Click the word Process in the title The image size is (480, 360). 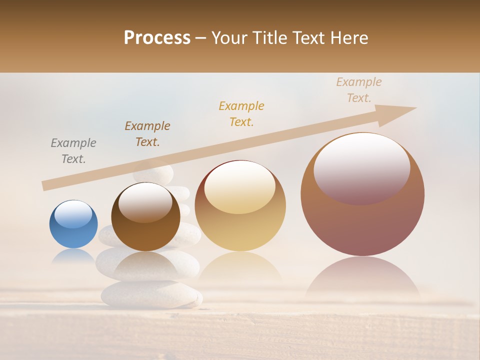coord(157,38)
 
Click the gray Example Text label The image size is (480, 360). coord(73,151)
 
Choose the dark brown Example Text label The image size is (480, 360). coord(147,134)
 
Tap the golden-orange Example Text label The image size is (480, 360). coord(241,114)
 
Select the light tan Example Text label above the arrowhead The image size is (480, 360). coord(359,90)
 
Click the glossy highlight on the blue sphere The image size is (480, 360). coord(73,214)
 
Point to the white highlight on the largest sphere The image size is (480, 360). coord(361,167)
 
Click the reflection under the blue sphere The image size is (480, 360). coord(73,256)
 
